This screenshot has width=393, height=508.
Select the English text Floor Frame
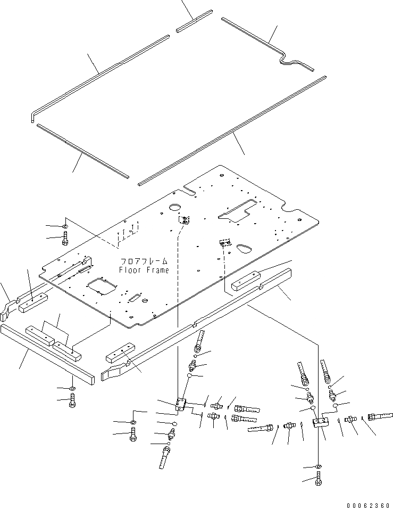click(144, 270)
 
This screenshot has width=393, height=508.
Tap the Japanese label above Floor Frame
click(144, 261)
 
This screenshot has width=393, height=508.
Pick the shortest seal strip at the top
click(195, 21)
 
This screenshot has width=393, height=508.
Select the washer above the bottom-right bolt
click(319, 467)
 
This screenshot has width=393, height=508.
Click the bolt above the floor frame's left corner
click(65, 240)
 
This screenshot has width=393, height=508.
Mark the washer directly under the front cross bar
click(73, 387)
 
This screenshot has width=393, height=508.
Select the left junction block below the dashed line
click(181, 405)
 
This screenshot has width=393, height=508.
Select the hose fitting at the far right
click(380, 416)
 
